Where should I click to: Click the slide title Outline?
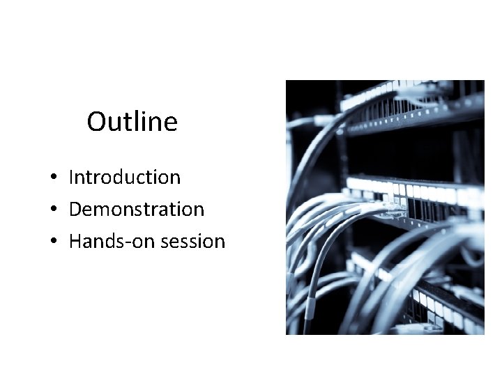[x=132, y=122]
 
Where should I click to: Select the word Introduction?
[x=125, y=178]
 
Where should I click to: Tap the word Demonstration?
[x=137, y=210]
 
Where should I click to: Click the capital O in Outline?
[x=96, y=123]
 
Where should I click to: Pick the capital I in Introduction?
[x=72, y=178]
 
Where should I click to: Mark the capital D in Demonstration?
[x=75, y=210]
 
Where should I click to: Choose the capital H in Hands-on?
[x=75, y=242]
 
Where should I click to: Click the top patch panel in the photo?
[x=411, y=104]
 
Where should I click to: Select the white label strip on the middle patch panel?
[x=418, y=190]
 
